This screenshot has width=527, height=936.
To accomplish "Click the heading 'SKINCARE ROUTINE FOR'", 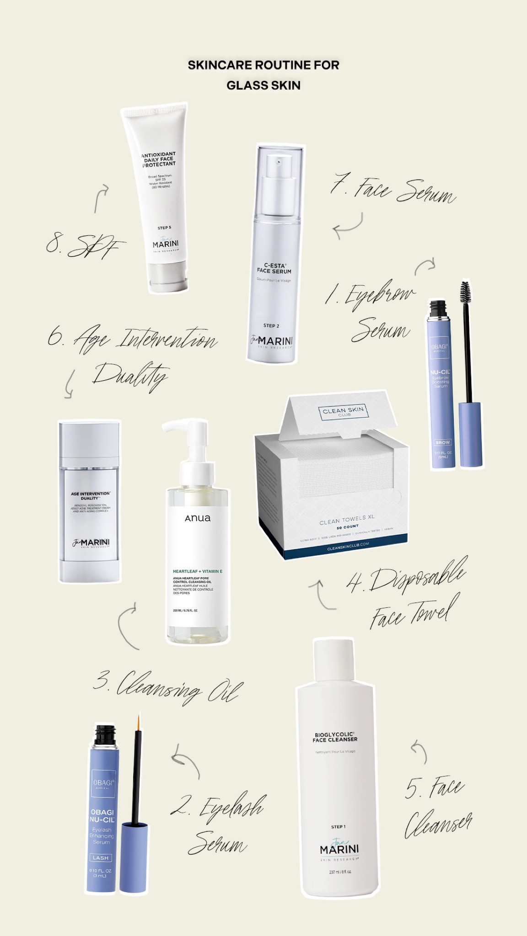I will [263, 65].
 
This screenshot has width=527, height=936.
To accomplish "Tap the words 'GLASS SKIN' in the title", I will [263, 85].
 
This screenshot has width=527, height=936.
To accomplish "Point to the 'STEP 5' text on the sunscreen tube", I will [164, 228].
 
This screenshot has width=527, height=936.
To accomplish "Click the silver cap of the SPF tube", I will [168, 277].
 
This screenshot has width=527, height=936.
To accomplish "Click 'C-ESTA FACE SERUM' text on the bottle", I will [274, 268].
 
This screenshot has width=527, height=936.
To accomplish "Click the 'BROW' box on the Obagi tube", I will [442, 442].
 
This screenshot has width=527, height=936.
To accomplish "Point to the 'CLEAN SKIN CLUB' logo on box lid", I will [343, 411].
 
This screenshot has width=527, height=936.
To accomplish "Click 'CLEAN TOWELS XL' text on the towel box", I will [347, 520].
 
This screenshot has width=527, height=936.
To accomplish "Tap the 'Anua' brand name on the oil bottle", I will [198, 518].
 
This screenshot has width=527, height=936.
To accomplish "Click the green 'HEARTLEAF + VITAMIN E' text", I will [198, 571].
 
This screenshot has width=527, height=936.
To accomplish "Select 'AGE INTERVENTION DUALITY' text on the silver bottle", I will [90, 496].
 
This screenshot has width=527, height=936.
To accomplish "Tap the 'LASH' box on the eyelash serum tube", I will [101, 858].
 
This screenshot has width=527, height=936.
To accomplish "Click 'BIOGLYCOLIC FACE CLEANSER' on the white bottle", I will [335, 737].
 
